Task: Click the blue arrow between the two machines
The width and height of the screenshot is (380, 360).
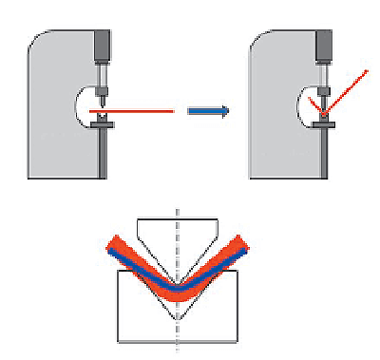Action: pyautogui.click(x=208, y=111)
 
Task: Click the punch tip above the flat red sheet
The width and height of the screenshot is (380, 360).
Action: pyautogui.click(x=104, y=101)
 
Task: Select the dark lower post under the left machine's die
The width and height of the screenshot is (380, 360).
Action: pyautogui.click(x=104, y=152)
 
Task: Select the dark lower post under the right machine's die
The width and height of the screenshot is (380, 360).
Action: pyautogui.click(x=324, y=152)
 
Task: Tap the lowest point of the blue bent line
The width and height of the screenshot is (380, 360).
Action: pyautogui.click(x=177, y=287)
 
